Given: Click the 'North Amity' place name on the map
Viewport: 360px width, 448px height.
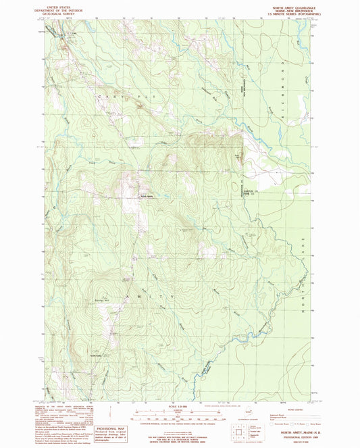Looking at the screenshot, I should [x=147, y=197].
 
